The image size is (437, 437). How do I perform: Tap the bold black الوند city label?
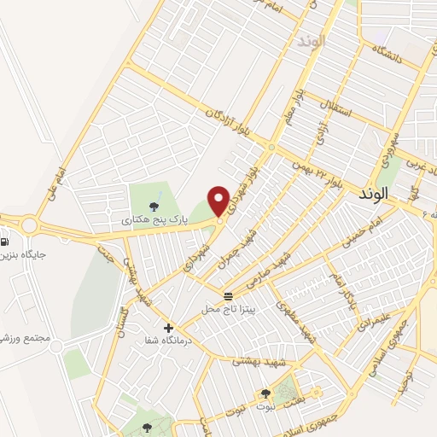(373, 195)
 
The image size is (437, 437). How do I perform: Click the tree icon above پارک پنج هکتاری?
(154, 206)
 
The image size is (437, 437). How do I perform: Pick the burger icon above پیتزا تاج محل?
(228, 296)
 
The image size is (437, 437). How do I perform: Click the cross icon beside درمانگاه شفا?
(168, 328)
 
